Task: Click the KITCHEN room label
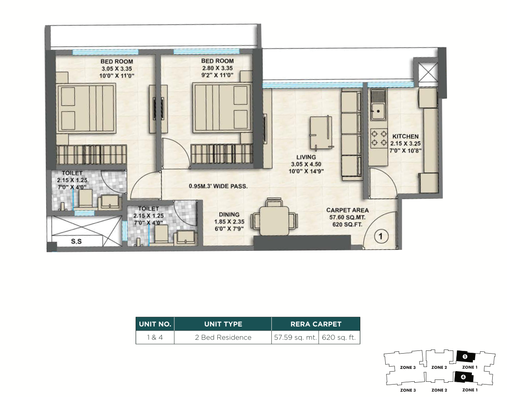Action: [406, 136]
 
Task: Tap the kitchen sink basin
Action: [378, 111]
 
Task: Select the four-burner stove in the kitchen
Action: [379, 138]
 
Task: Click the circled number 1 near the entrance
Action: [381, 237]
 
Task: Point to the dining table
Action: [274, 221]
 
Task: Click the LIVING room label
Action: [306, 157]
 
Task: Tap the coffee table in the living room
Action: [321, 132]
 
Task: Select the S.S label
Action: [76, 241]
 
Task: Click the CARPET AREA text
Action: [347, 210]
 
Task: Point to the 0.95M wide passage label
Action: [218, 186]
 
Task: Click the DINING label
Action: [229, 214]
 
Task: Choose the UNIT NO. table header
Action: [155, 324]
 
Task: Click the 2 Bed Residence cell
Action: [223, 338]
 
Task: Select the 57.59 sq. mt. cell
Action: [295, 338]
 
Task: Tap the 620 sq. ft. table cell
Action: [339, 338]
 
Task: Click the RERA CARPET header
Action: [316, 324]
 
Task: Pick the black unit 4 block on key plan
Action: [464, 377]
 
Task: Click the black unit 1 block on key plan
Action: [465, 356]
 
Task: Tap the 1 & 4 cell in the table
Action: [155, 338]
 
